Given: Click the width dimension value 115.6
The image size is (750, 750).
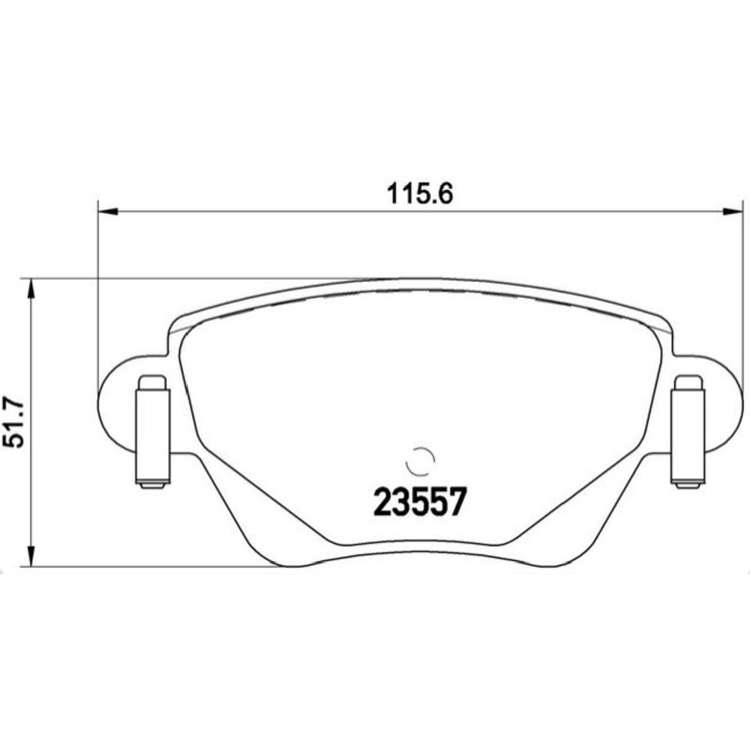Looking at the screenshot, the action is coord(419,194).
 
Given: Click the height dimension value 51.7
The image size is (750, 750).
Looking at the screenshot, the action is coord(13,421).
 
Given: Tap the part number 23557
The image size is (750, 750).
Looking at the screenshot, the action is coord(419,502).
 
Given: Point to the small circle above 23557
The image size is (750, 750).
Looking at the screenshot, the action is coord(420,461).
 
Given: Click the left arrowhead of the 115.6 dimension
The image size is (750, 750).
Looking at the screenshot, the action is coord(107,211).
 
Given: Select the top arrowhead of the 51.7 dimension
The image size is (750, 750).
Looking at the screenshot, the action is coord(31,289).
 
